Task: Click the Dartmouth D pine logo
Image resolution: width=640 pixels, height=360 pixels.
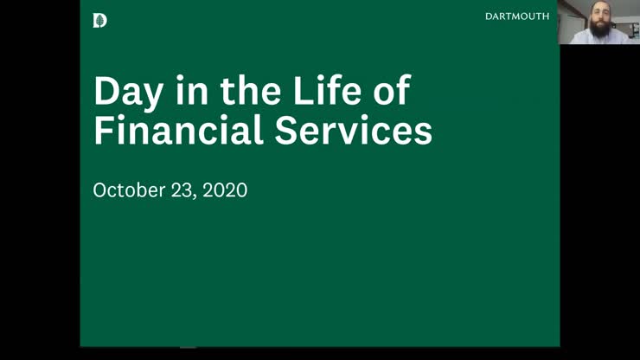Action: click(x=99, y=20)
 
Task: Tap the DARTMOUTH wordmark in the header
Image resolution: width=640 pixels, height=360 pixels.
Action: click(x=517, y=16)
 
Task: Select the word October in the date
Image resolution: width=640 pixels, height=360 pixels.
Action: click(x=129, y=190)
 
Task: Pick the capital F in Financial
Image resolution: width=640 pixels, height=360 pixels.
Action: click(x=103, y=131)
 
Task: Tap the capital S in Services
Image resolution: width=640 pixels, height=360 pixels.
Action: click(x=289, y=131)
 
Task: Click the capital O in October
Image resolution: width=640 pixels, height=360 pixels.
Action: click(x=100, y=190)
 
